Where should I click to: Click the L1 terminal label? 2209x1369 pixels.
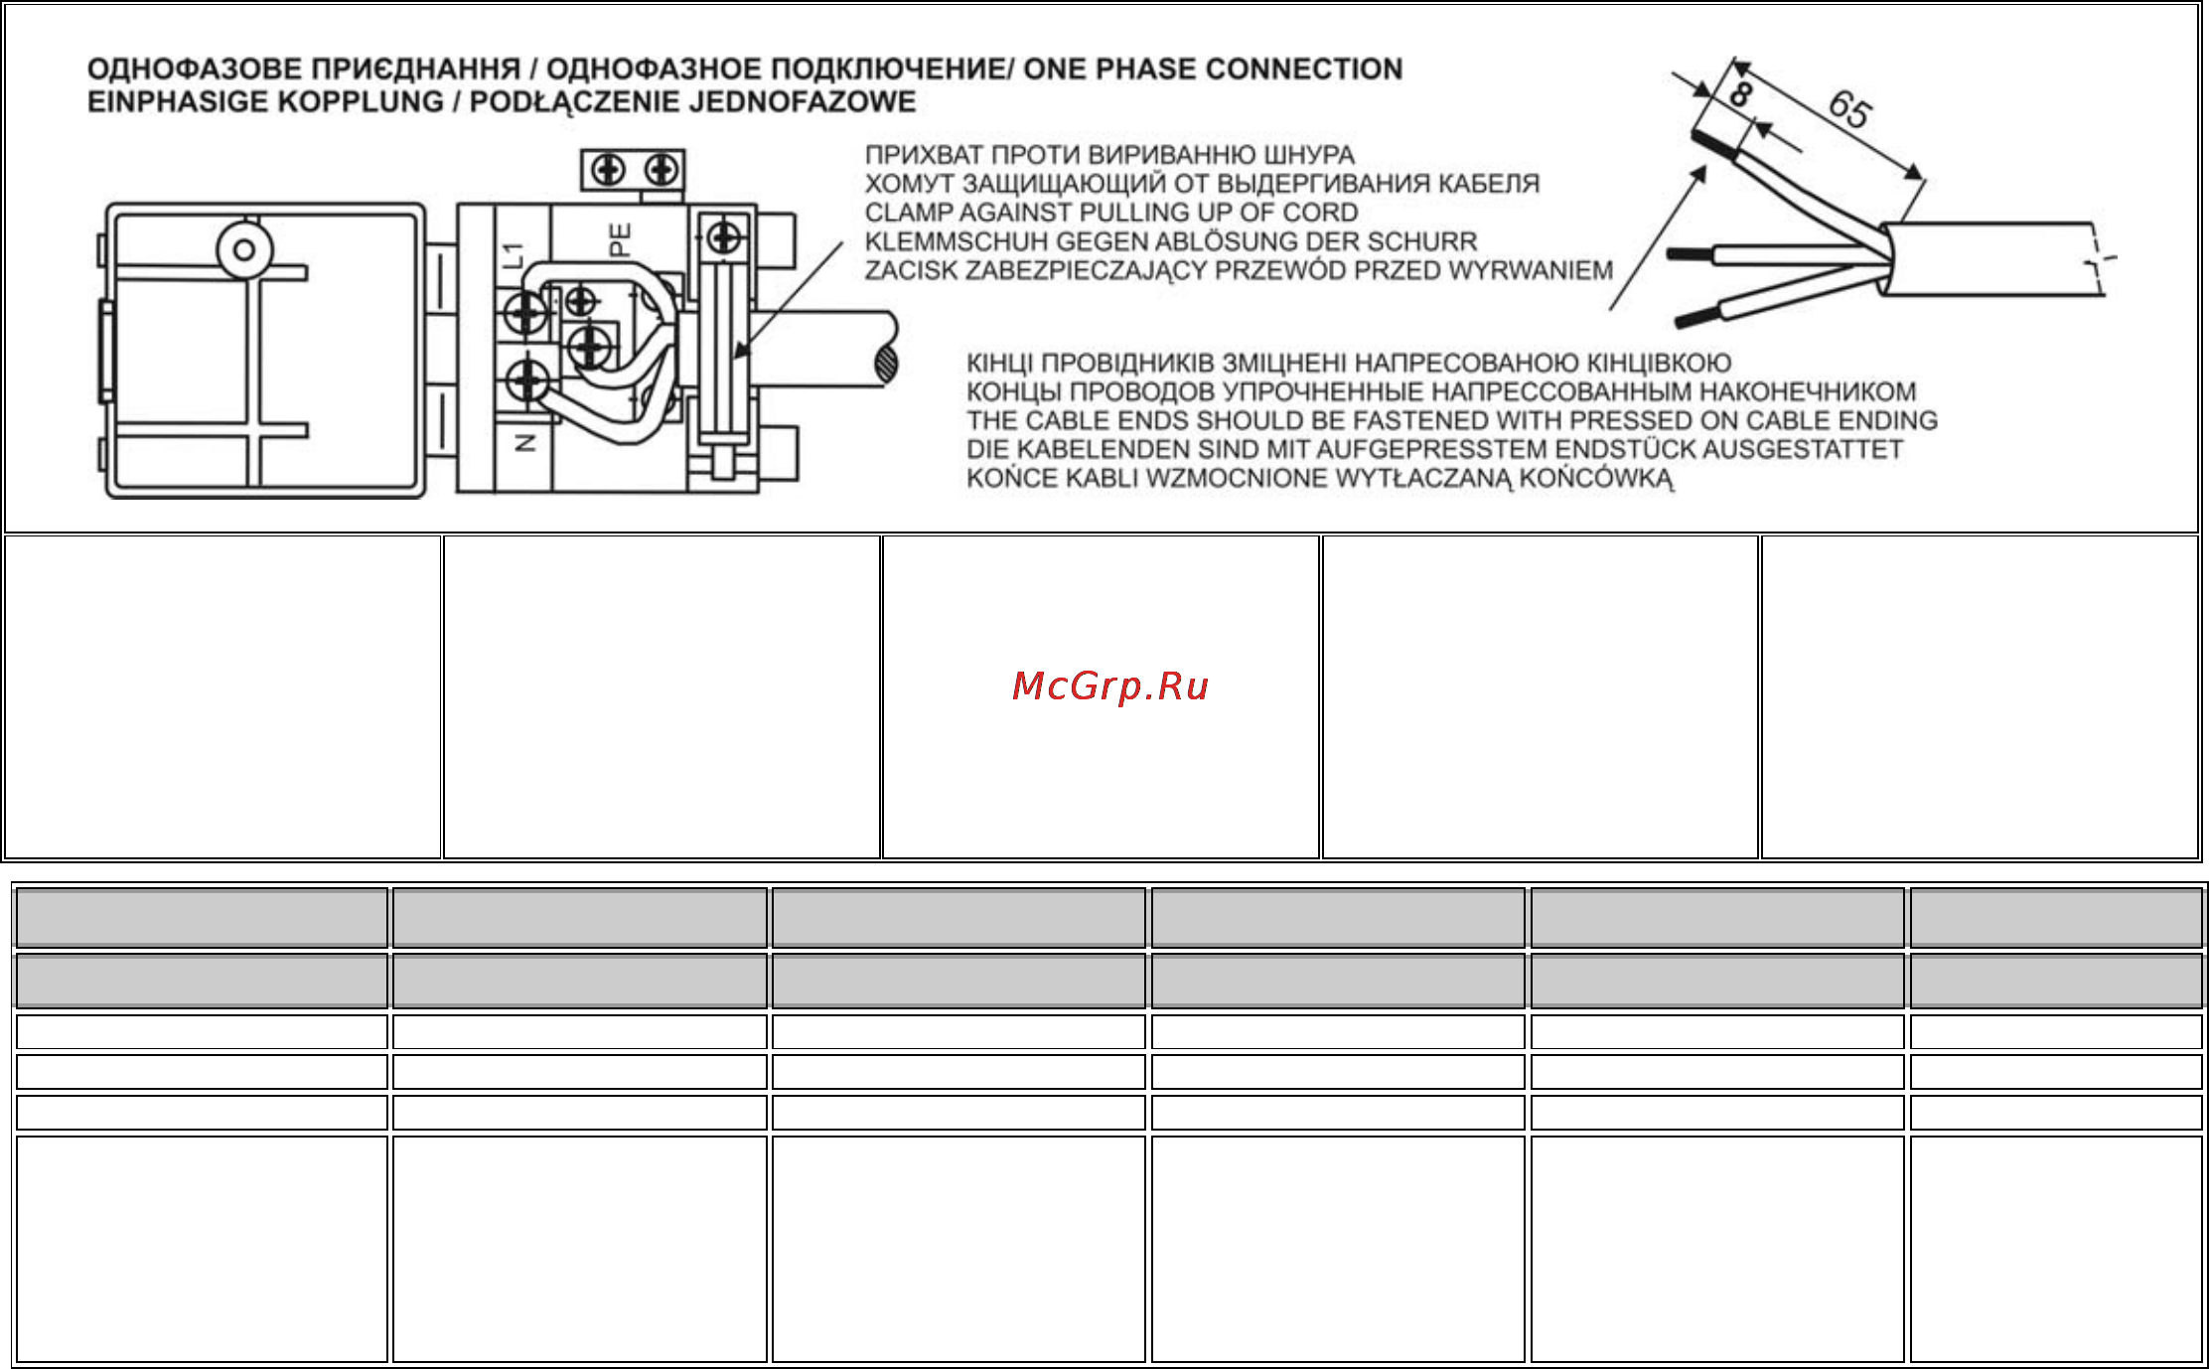click(x=513, y=255)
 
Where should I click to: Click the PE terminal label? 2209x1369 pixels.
click(x=620, y=240)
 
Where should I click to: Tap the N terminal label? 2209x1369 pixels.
click(x=526, y=442)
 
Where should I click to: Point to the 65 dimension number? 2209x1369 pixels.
click(x=1849, y=108)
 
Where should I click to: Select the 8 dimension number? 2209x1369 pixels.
click(x=1740, y=94)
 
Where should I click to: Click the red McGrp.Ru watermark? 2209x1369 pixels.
click(x=1109, y=686)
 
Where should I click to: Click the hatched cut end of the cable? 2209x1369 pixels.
click(x=886, y=365)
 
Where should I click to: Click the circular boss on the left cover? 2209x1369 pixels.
click(x=244, y=249)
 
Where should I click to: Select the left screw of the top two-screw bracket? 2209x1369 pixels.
click(x=608, y=171)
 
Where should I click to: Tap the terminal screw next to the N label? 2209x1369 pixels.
click(x=526, y=382)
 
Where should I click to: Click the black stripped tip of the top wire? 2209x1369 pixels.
click(x=1715, y=147)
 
